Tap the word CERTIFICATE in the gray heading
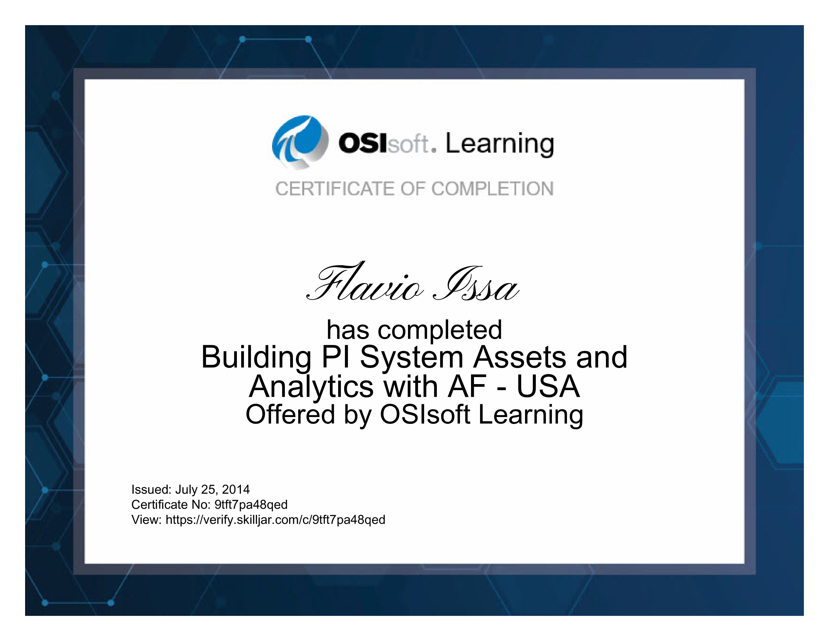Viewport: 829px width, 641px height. coord(335,189)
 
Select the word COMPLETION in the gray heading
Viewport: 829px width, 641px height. coord(492,189)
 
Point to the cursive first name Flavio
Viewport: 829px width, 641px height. coord(365,283)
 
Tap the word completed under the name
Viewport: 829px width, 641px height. coord(440,330)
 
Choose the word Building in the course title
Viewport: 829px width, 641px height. coord(256,358)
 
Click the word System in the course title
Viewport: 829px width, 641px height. coord(412,358)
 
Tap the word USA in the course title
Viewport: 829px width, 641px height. coord(548,387)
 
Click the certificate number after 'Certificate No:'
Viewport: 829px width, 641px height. coord(251,505)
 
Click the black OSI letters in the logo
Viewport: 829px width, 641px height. coord(363,144)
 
